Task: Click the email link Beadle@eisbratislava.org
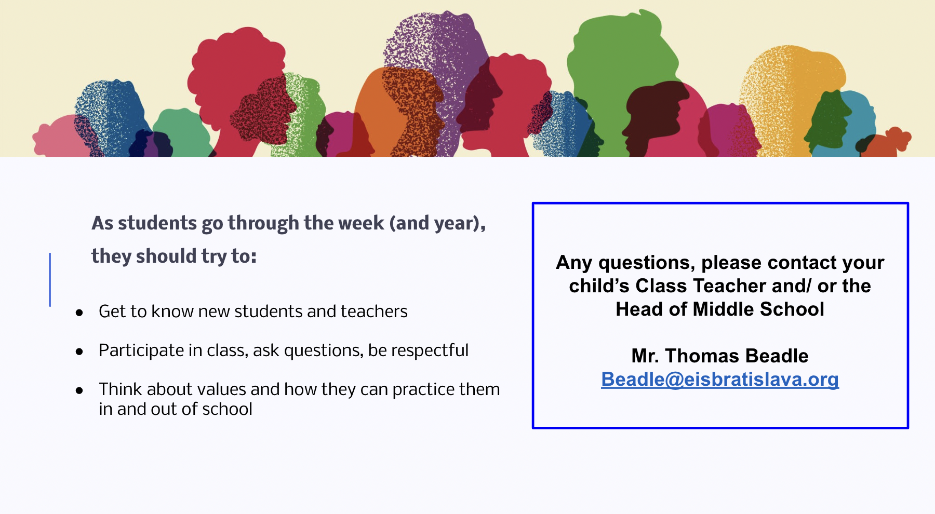click(720, 380)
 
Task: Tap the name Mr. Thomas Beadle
click(720, 356)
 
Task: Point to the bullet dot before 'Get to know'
click(79, 313)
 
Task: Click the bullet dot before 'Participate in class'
click(79, 351)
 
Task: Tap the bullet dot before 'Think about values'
click(79, 390)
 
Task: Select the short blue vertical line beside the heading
click(50, 279)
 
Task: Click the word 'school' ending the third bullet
click(227, 409)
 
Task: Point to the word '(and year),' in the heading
click(437, 223)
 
